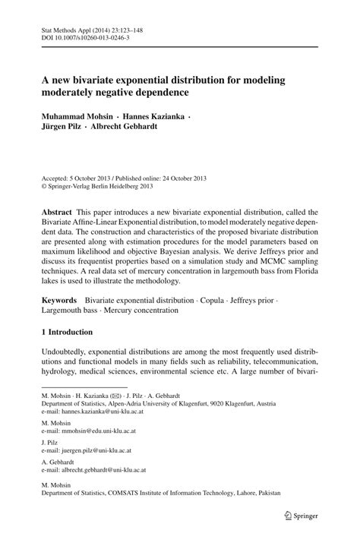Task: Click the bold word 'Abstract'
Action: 58,212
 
